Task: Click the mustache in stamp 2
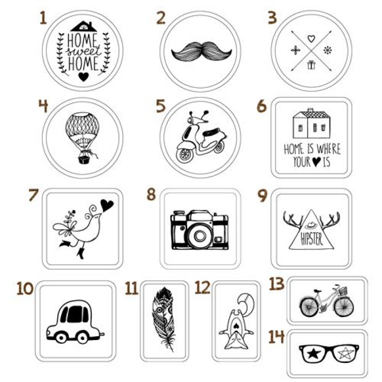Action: click(x=202, y=52)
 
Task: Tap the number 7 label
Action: click(x=33, y=195)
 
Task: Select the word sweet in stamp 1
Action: click(x=84, y=51)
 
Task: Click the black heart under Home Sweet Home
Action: click(x=84, y=76)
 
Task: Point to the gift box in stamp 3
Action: click(x=311, y=65)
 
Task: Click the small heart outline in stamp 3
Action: click(x=311, y=39)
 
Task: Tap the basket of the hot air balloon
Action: click(x=83, y=159)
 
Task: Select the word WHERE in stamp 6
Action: click(x=328, y=149)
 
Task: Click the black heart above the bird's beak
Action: click(x=106, y=205)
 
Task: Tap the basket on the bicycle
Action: click(x=343, y=291)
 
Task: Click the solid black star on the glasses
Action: click(x=313, y=353)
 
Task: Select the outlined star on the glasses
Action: click(x=346, y=353)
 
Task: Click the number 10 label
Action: click(x=25, y=288)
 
